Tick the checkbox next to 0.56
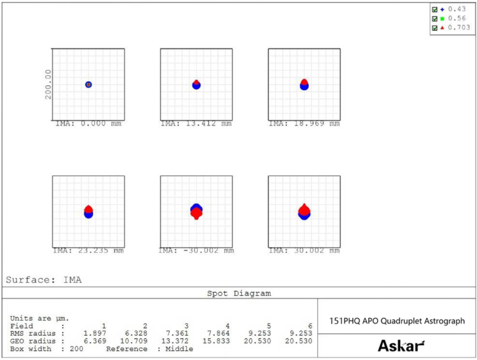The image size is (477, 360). pyautogui.click(x=434, y=19)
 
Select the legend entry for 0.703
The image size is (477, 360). pyautogui.click(x=455, y=27)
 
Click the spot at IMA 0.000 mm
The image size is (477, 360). pyautogui.click(x=88, y=84)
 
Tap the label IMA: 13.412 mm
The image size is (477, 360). pyautogui.click(x=196, y=123)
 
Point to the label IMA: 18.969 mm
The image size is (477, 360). pyautogui.click(x=303, y=123)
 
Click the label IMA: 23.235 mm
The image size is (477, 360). pyautogui.click(x=88, y=250)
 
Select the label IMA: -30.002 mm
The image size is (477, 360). pyautogui.click(x=196, y=250)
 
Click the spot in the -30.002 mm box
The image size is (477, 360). pyautogui.click(x=196, y=211)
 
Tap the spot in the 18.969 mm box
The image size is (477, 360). pyautogui.click(x=304, y=84)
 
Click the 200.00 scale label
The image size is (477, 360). pyautogui.click(x=48, y=84)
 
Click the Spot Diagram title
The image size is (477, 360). pyautogui.click(x=238, y=293)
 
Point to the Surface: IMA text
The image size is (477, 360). pyautogui.click(x=44, y=279)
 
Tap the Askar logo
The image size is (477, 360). pyautogui.click(x=401, y=346)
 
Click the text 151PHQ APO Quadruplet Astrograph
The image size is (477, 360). pyautogui.click(x=396, y=321)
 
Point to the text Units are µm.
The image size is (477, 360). pyautogui.click(x=39, y=318)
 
